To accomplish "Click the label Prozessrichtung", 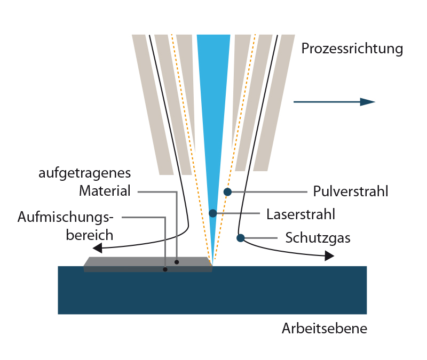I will [352, 49].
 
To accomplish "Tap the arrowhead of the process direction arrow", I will [368, 102].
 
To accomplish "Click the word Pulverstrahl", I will [350, 191].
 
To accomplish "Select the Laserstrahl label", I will [301, 214].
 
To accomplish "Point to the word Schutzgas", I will [318, 238].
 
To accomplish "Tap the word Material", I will [105, 191].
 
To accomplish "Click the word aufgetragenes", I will [84, 174].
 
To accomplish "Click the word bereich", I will [90, 235].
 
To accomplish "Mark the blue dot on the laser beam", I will [213, 213].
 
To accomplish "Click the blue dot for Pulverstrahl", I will [227, 191].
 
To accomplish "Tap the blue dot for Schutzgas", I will [241, 237].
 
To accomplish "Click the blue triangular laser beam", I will [213, 107].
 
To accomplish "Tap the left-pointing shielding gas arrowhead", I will [98, 248].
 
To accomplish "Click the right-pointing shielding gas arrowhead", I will [329, 257].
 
